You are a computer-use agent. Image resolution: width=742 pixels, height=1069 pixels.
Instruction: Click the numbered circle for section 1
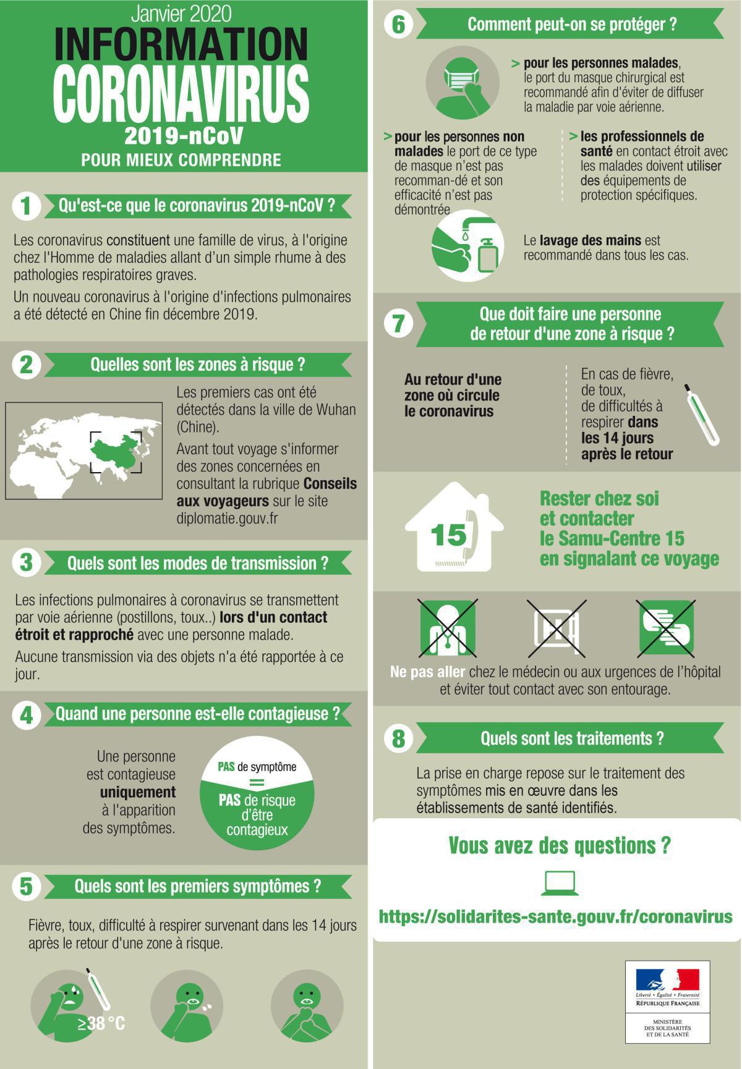[26, 206]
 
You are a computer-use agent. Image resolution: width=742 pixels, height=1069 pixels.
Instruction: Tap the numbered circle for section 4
[26, 714]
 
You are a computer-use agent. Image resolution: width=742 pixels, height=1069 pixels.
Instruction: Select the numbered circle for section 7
[399, 324]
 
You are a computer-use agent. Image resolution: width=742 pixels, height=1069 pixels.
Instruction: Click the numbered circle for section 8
[399, 738]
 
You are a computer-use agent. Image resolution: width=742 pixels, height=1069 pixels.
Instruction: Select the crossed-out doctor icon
[448, 627]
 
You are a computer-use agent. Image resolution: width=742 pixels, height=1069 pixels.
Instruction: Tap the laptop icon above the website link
[560, 883]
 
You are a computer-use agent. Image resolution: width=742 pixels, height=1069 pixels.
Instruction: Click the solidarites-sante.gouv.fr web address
[555, 916]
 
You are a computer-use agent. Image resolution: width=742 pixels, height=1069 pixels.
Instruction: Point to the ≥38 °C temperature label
[101, 1023]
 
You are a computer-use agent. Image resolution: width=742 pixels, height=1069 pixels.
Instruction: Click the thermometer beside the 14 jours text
[701, 414]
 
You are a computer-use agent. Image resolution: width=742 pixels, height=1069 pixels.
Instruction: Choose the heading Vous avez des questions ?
[559, 845]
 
